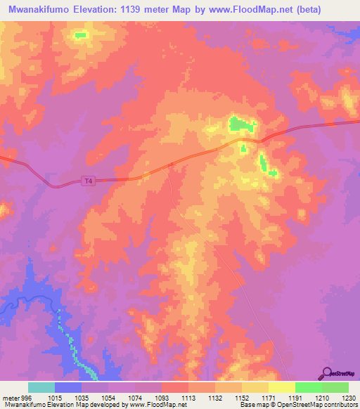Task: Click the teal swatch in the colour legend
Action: click(41, 387)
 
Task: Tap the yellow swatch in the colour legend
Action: click(282, 387)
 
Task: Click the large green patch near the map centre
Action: click(241, 125)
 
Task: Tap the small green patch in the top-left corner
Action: click(81, 34)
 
